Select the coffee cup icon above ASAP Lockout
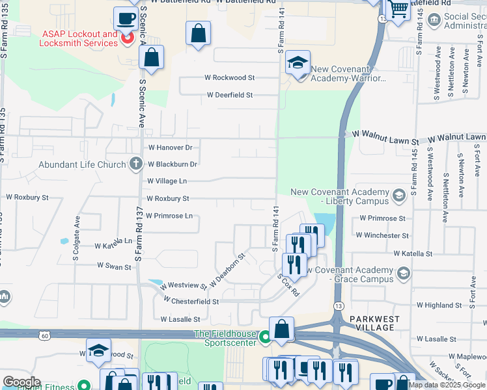click(x=125, y=18)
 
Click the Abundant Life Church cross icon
click(x=135, y=164)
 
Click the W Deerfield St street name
click(x=230, y=95)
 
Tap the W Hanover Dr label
click(x=171, y=148)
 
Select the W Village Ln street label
click(x=167, y=181)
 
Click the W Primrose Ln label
click(x=169, y=215)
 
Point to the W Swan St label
click(x=114, y=266)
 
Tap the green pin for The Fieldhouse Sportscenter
click(x=264, y=337)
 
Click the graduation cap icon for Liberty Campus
click(x=398, y=194)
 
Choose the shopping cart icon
click(x=398, y=8)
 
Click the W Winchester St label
click(x=383, y=235)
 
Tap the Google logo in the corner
click(x=21, y=382)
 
